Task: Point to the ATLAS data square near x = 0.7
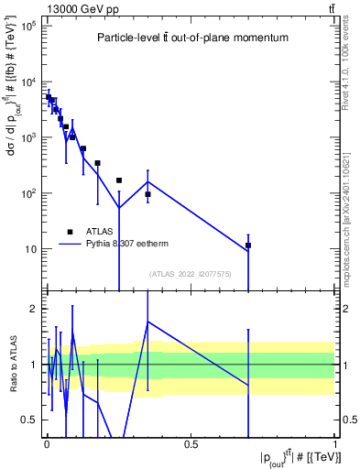pyautogui.click(x=248, y=245)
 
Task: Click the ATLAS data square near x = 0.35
pyautogui.click(x=147, y=194)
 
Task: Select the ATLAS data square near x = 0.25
pyautogui.click(x=119, y=180)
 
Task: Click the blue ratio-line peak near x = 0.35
pyautogui.click(x=147, y=322)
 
